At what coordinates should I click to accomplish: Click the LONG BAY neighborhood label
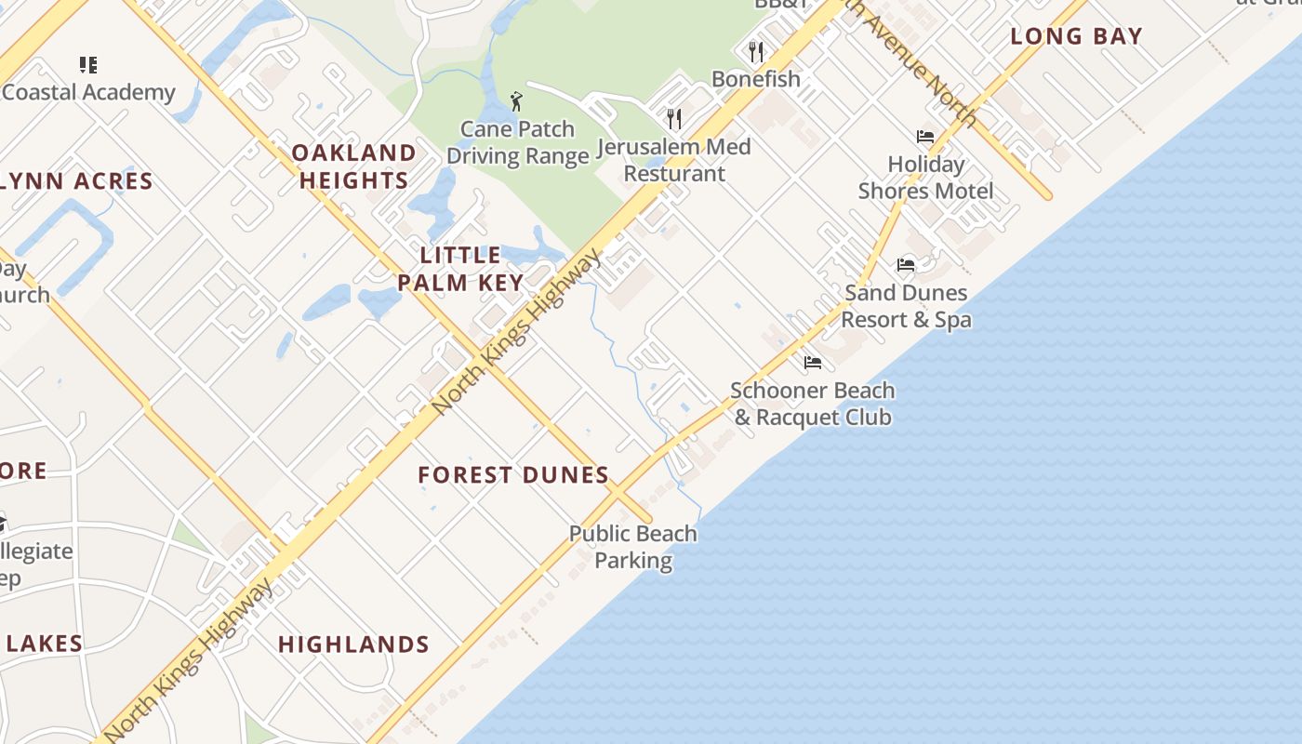(x=1076, y=36)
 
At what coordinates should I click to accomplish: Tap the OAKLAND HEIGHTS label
(x=354, y=166)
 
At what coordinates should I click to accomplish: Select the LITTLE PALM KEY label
(x=461, y=269)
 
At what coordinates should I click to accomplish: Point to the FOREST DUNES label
(x=513, y=475)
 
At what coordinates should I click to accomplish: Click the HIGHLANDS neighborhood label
(x=353, y=644)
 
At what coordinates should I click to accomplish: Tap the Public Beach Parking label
(x=633, y=547)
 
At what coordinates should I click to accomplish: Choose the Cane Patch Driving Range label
(x=518, y=142)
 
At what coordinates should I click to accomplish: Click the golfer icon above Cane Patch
(x=517, y=100)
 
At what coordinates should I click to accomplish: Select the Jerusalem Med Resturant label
(x=673, y=160)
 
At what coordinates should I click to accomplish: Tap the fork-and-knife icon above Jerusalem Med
(x=674, y=118)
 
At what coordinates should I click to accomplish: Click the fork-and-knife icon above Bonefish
(x=756, y=51)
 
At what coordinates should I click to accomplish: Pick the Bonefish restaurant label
(x=756, y=79)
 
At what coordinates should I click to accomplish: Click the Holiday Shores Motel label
(x=925, y=178)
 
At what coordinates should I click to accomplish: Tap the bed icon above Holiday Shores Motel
(x=925, y=137)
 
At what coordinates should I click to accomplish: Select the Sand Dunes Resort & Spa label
(x=906, y=306)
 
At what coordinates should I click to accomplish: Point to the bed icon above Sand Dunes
(x=906, y=265)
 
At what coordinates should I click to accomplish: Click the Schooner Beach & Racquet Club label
(x=813, y=404)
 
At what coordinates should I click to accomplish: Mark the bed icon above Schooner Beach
(x=813, y=363)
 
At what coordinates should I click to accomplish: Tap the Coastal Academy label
(x=88, y=92)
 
